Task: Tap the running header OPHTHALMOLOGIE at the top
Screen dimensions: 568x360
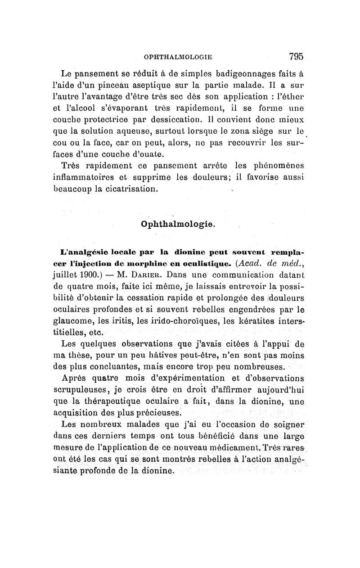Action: (178, 58)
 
